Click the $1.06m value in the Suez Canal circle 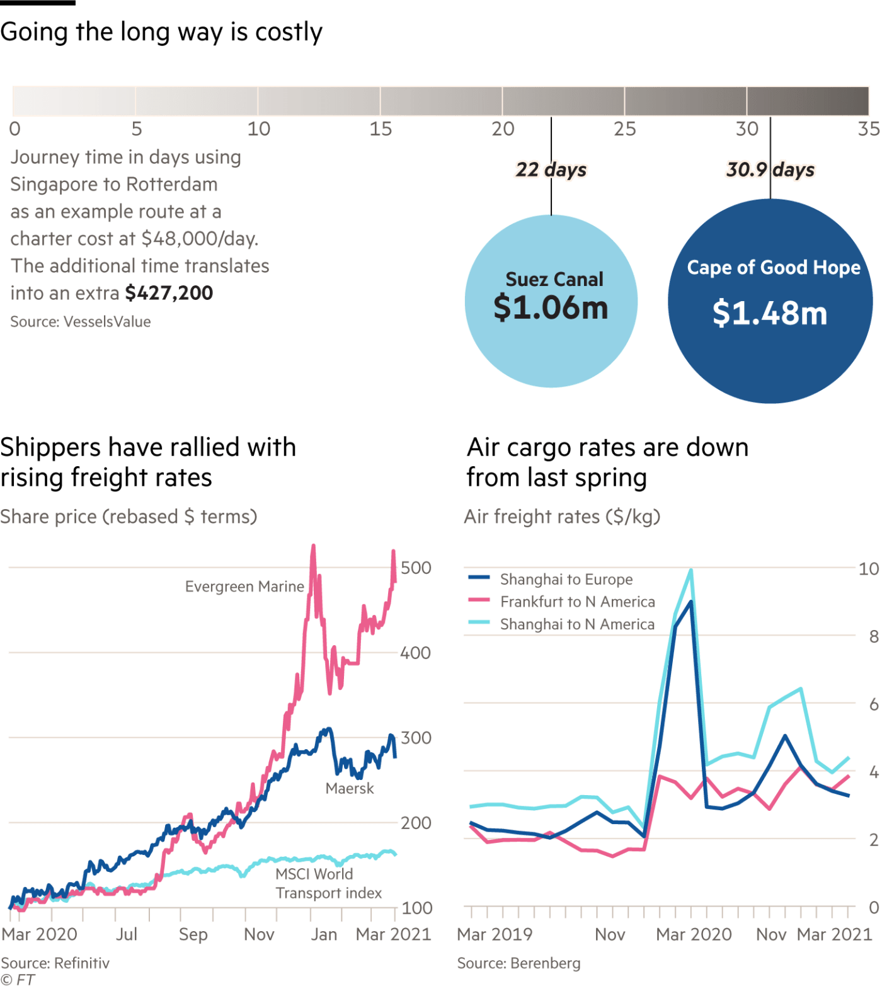551,308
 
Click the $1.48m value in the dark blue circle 770,314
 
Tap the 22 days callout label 551,170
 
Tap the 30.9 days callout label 770,170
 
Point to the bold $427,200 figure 169,293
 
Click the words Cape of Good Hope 773,268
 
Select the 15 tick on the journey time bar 381,129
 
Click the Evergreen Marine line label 244,587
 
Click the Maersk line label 350,789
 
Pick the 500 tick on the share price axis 416,568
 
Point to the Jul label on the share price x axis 127,934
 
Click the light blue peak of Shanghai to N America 691,571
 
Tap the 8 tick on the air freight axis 873,636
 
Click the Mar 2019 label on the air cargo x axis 495,934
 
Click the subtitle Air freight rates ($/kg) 562,517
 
